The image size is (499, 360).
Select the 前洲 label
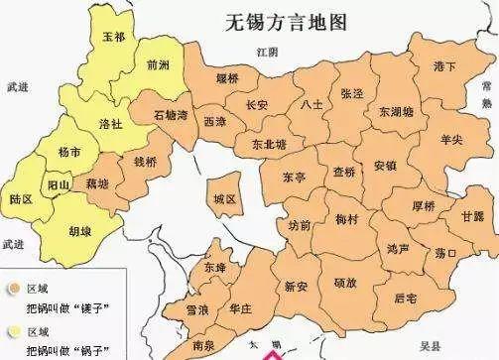click(157, 65)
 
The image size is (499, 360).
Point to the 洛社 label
click(112, 123)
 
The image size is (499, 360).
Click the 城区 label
click(225, 198)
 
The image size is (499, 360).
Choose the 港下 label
click(444, 65)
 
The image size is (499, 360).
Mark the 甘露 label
click(472, 216)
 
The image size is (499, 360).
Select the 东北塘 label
click(269, 143)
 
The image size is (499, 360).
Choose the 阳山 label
click(60, 183)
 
